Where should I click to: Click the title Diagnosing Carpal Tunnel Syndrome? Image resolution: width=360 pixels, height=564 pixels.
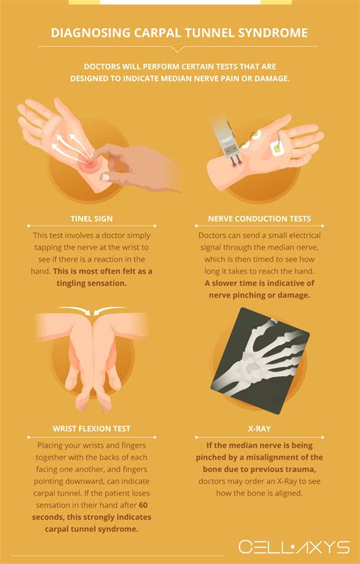coord(179,33)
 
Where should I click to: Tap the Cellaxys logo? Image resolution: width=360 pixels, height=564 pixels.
coord(293,547)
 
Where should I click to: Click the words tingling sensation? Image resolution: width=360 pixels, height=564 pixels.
coord(92,283)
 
